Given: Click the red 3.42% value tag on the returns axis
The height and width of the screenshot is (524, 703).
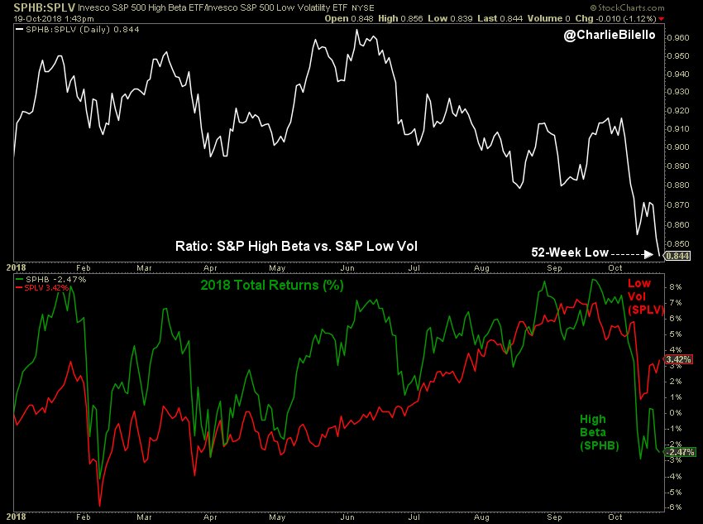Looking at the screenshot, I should coord(677,360).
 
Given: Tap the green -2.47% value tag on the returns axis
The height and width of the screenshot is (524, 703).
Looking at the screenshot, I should coord(677,451).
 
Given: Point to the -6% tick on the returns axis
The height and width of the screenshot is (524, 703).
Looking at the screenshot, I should coord(673,507).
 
